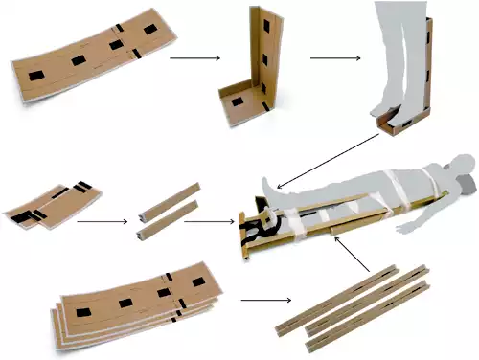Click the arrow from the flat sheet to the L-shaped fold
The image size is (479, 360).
tap(196, 57)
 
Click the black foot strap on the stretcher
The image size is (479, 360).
tap(262, 226)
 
